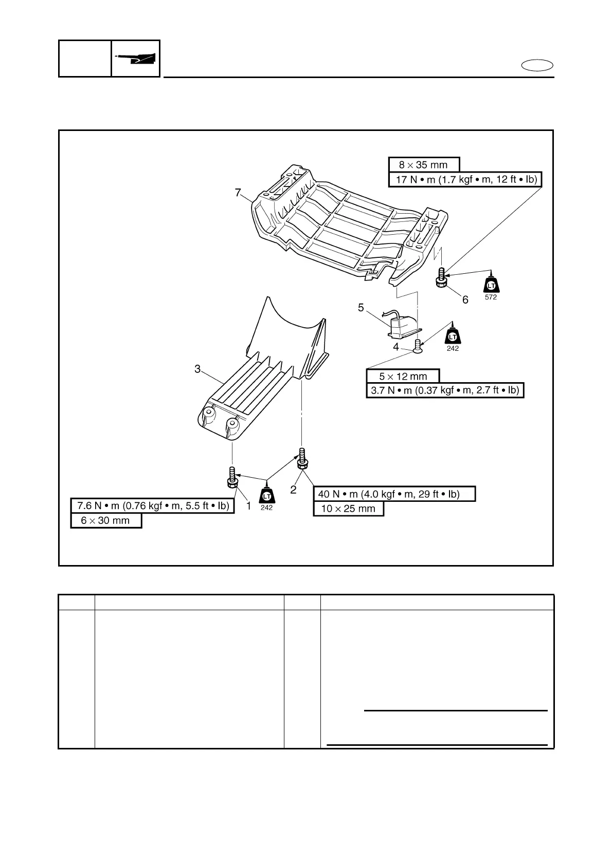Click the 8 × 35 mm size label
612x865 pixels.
(423, 165)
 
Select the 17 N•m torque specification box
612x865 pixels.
(466, 180)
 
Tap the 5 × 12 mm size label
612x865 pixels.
(403, 376)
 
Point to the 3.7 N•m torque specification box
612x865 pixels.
(445, 390)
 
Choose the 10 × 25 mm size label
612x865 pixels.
(349, 509)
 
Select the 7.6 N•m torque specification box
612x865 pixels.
(153, 505)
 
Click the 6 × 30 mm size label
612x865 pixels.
(106, 520)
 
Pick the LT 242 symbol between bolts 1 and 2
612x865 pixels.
(266, 496)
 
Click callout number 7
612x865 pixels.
(238, 193)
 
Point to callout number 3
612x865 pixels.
(197, 369)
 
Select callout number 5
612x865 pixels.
(361, 308)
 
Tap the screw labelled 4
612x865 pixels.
(418, 347)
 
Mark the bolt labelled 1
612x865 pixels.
(231, 477)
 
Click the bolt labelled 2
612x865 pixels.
(302, 458)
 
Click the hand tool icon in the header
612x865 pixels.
(136, 59)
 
